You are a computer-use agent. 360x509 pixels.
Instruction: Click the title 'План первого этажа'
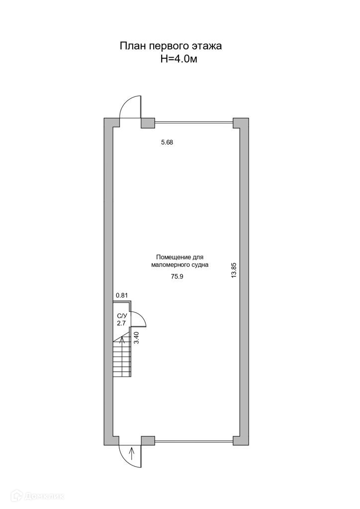click(170, 46)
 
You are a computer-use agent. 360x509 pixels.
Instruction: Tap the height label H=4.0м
click(179, 59)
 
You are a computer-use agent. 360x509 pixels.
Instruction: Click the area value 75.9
click(178, 278)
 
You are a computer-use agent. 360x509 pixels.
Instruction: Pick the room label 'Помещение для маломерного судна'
click(179, 261)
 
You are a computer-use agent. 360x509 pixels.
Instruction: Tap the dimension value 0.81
click(122, 295)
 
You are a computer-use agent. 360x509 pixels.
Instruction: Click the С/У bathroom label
click(122, 316)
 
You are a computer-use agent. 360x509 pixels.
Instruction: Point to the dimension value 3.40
click(137, 338)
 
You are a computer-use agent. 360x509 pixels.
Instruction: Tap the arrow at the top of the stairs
click(122, 341)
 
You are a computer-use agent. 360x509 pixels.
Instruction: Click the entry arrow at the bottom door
click(132, 453)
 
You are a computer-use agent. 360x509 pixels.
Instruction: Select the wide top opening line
click(194, 120)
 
